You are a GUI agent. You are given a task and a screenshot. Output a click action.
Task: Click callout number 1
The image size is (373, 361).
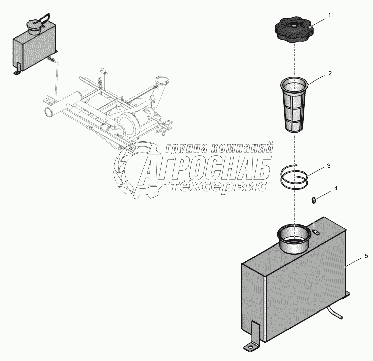click(330, 15)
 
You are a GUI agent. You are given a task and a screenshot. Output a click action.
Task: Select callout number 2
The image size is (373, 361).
click(330, 73)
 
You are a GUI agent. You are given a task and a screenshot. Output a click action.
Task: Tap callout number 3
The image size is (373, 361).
click(329, 166)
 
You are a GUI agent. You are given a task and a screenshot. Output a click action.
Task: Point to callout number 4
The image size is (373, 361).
click(336, 188)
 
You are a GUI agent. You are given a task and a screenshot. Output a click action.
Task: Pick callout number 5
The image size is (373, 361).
click(366, 256)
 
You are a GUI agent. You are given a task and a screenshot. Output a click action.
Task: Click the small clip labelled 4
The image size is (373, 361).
click(314, 200)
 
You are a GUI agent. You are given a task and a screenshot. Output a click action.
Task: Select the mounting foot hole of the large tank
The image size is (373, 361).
click(251, 349)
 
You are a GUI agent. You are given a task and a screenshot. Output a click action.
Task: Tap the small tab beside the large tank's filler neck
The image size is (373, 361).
click(315, 232)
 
